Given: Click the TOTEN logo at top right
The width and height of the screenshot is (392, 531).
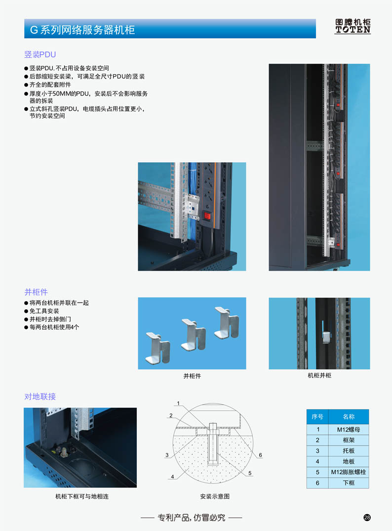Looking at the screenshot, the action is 353,26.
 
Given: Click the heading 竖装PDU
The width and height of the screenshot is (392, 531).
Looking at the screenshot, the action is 40,54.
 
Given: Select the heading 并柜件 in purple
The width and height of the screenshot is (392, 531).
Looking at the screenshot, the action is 36,292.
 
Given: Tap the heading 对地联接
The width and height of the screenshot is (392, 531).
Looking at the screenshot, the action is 40,397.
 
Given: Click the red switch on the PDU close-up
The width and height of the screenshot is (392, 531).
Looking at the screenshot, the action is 207,216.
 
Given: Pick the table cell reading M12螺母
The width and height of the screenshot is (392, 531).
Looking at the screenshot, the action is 349,430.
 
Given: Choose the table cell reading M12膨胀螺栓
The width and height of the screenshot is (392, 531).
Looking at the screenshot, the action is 349,472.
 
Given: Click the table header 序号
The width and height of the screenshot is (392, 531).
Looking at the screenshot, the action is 317,416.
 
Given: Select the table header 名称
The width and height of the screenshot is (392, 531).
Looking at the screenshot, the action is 349,416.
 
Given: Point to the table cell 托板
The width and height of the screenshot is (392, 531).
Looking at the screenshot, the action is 349,451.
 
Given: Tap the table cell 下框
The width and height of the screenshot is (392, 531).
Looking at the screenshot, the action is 349,483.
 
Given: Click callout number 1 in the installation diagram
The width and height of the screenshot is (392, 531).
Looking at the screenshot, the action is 178,403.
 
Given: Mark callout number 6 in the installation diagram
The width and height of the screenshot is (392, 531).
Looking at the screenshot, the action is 261,455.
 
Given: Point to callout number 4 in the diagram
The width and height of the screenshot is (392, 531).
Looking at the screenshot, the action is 172,477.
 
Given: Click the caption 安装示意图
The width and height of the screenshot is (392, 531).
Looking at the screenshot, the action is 215,496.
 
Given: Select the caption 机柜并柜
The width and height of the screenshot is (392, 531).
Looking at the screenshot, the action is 319,375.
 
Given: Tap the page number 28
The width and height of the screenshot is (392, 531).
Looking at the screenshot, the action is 367,518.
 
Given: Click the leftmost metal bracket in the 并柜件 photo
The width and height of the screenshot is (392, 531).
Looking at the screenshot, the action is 158,349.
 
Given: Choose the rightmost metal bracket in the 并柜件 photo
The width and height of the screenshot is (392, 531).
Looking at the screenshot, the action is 227,323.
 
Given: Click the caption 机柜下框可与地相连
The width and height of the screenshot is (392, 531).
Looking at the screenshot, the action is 82,496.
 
